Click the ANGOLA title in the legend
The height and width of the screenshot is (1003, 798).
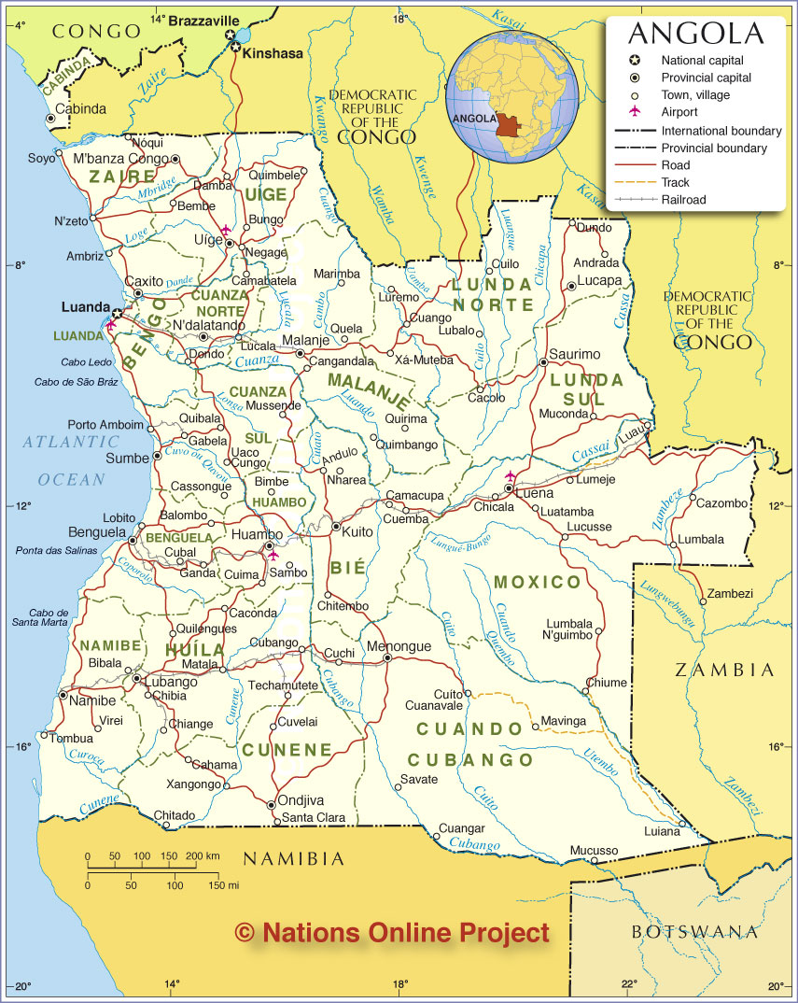coord(695,34)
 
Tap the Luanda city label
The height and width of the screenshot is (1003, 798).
coord(86,306)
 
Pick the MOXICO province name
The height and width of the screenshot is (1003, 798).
coord(537,583)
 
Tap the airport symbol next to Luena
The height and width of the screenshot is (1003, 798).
coord(510,476)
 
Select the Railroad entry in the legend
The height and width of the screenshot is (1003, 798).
coord(684,199)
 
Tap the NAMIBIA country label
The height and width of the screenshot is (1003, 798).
coord(294,858)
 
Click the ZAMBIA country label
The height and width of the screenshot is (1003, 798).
coord(724,670)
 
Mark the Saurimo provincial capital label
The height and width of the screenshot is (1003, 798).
coord(574,354)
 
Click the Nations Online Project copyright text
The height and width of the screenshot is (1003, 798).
coord(392,931)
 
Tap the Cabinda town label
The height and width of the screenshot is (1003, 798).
coord(81,108)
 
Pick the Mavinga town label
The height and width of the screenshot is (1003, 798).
coord(564,721)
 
